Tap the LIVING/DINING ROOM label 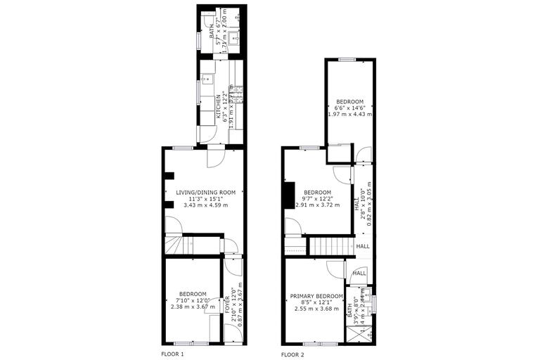[205, 192]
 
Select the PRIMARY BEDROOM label [316, 296]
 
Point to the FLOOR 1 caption [172, 354]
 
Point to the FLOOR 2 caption [292, 354]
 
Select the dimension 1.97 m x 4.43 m [349, 114]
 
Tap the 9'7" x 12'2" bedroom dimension [317, 199]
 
